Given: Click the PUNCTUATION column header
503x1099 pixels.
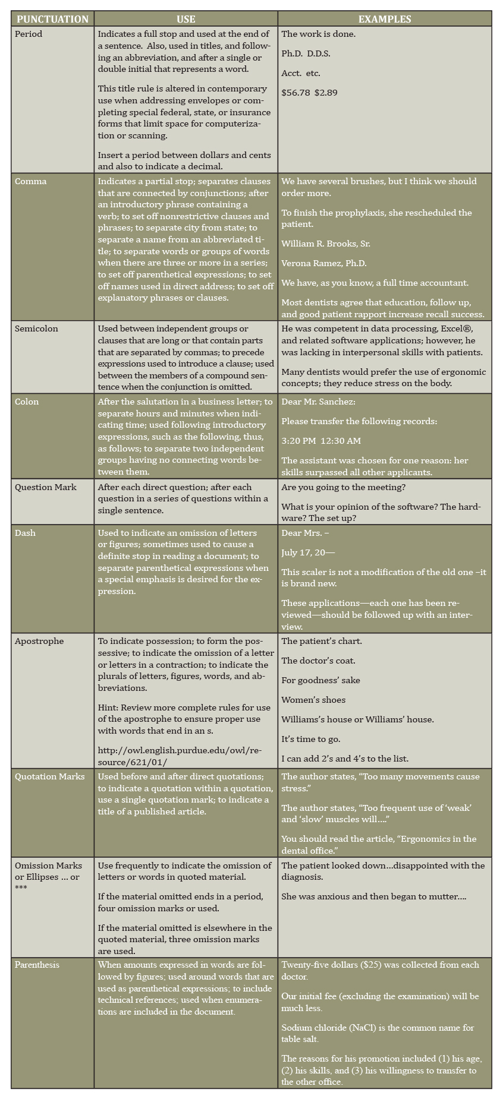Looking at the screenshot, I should point(52,19).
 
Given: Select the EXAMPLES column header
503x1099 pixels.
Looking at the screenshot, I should point(384,19).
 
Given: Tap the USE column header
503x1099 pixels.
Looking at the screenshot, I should point(186,19).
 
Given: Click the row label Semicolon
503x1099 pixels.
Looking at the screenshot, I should point(36,329).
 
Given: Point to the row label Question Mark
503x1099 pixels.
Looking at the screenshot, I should point(46,487).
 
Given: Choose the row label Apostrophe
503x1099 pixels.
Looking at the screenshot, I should point(39,641).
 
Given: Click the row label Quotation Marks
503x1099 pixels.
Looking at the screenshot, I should point(50,776).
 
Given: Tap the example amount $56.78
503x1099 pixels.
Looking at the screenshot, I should point(295,93).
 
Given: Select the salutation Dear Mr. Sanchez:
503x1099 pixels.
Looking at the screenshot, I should point(318,402).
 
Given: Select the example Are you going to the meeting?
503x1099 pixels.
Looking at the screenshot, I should point(344,487).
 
